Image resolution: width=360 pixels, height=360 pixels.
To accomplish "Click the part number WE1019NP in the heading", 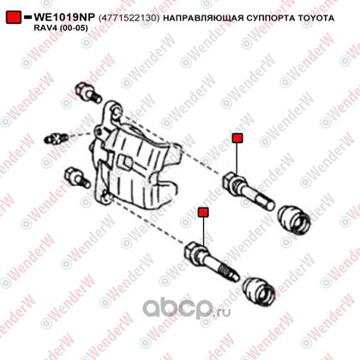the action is point(64,17).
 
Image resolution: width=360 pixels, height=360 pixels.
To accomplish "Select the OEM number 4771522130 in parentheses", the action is point(129,18).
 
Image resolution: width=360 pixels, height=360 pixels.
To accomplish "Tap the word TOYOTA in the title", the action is point(316,18).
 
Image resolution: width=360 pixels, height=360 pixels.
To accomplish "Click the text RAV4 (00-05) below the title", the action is point(61,28).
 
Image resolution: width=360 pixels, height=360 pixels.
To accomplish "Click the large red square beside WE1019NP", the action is point(14,17).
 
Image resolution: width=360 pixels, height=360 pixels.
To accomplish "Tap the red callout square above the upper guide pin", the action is point(237,138).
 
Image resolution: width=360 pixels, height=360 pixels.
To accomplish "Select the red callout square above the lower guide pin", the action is point(203,213).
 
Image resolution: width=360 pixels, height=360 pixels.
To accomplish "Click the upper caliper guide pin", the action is point(248,190).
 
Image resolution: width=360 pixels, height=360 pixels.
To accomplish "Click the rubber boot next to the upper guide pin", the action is point(294,219).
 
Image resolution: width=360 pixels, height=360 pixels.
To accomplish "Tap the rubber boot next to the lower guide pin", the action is point(259,291).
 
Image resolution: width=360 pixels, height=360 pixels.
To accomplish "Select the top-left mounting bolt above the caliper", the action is point(88,93).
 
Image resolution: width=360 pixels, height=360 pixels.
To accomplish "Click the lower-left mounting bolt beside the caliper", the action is point(77,178).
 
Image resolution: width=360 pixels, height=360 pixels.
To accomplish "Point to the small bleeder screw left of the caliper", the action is point(56,138).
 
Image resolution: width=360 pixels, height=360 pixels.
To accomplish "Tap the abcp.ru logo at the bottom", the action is point(186,308).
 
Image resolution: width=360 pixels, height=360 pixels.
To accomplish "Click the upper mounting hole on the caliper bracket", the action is point(116,111).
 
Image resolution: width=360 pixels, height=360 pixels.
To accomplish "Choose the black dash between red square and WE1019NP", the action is point(27,17).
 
